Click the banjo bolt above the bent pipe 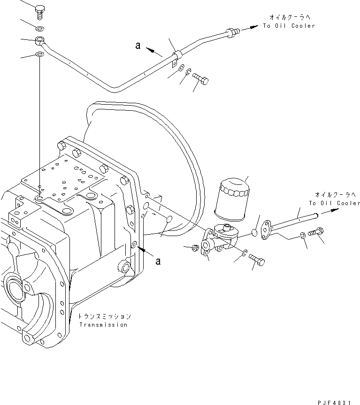(x=39, y=10)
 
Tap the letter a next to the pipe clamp (x=138, y=46)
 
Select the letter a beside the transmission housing (x=158, y=260)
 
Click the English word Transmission (x=103, y=325)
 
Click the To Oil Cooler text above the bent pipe (x=289, y=26)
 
